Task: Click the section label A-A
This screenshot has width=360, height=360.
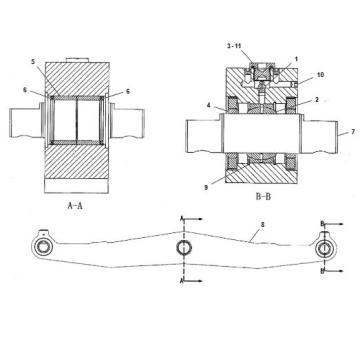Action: [x=75, y=206]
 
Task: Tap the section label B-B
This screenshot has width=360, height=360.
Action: [x=263, y=197]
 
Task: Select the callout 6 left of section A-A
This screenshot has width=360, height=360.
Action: [x=25, y=89]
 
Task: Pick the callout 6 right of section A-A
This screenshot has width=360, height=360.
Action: [x=128, y=91]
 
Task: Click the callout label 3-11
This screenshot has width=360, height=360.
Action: [x=234, y=46]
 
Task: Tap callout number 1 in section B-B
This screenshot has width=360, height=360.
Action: [x=296, y=59]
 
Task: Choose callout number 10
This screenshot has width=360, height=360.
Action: [x=320, y=75]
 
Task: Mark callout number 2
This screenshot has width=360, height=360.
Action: [x=317, y=99]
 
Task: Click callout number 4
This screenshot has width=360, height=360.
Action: [x=208, y=105]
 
